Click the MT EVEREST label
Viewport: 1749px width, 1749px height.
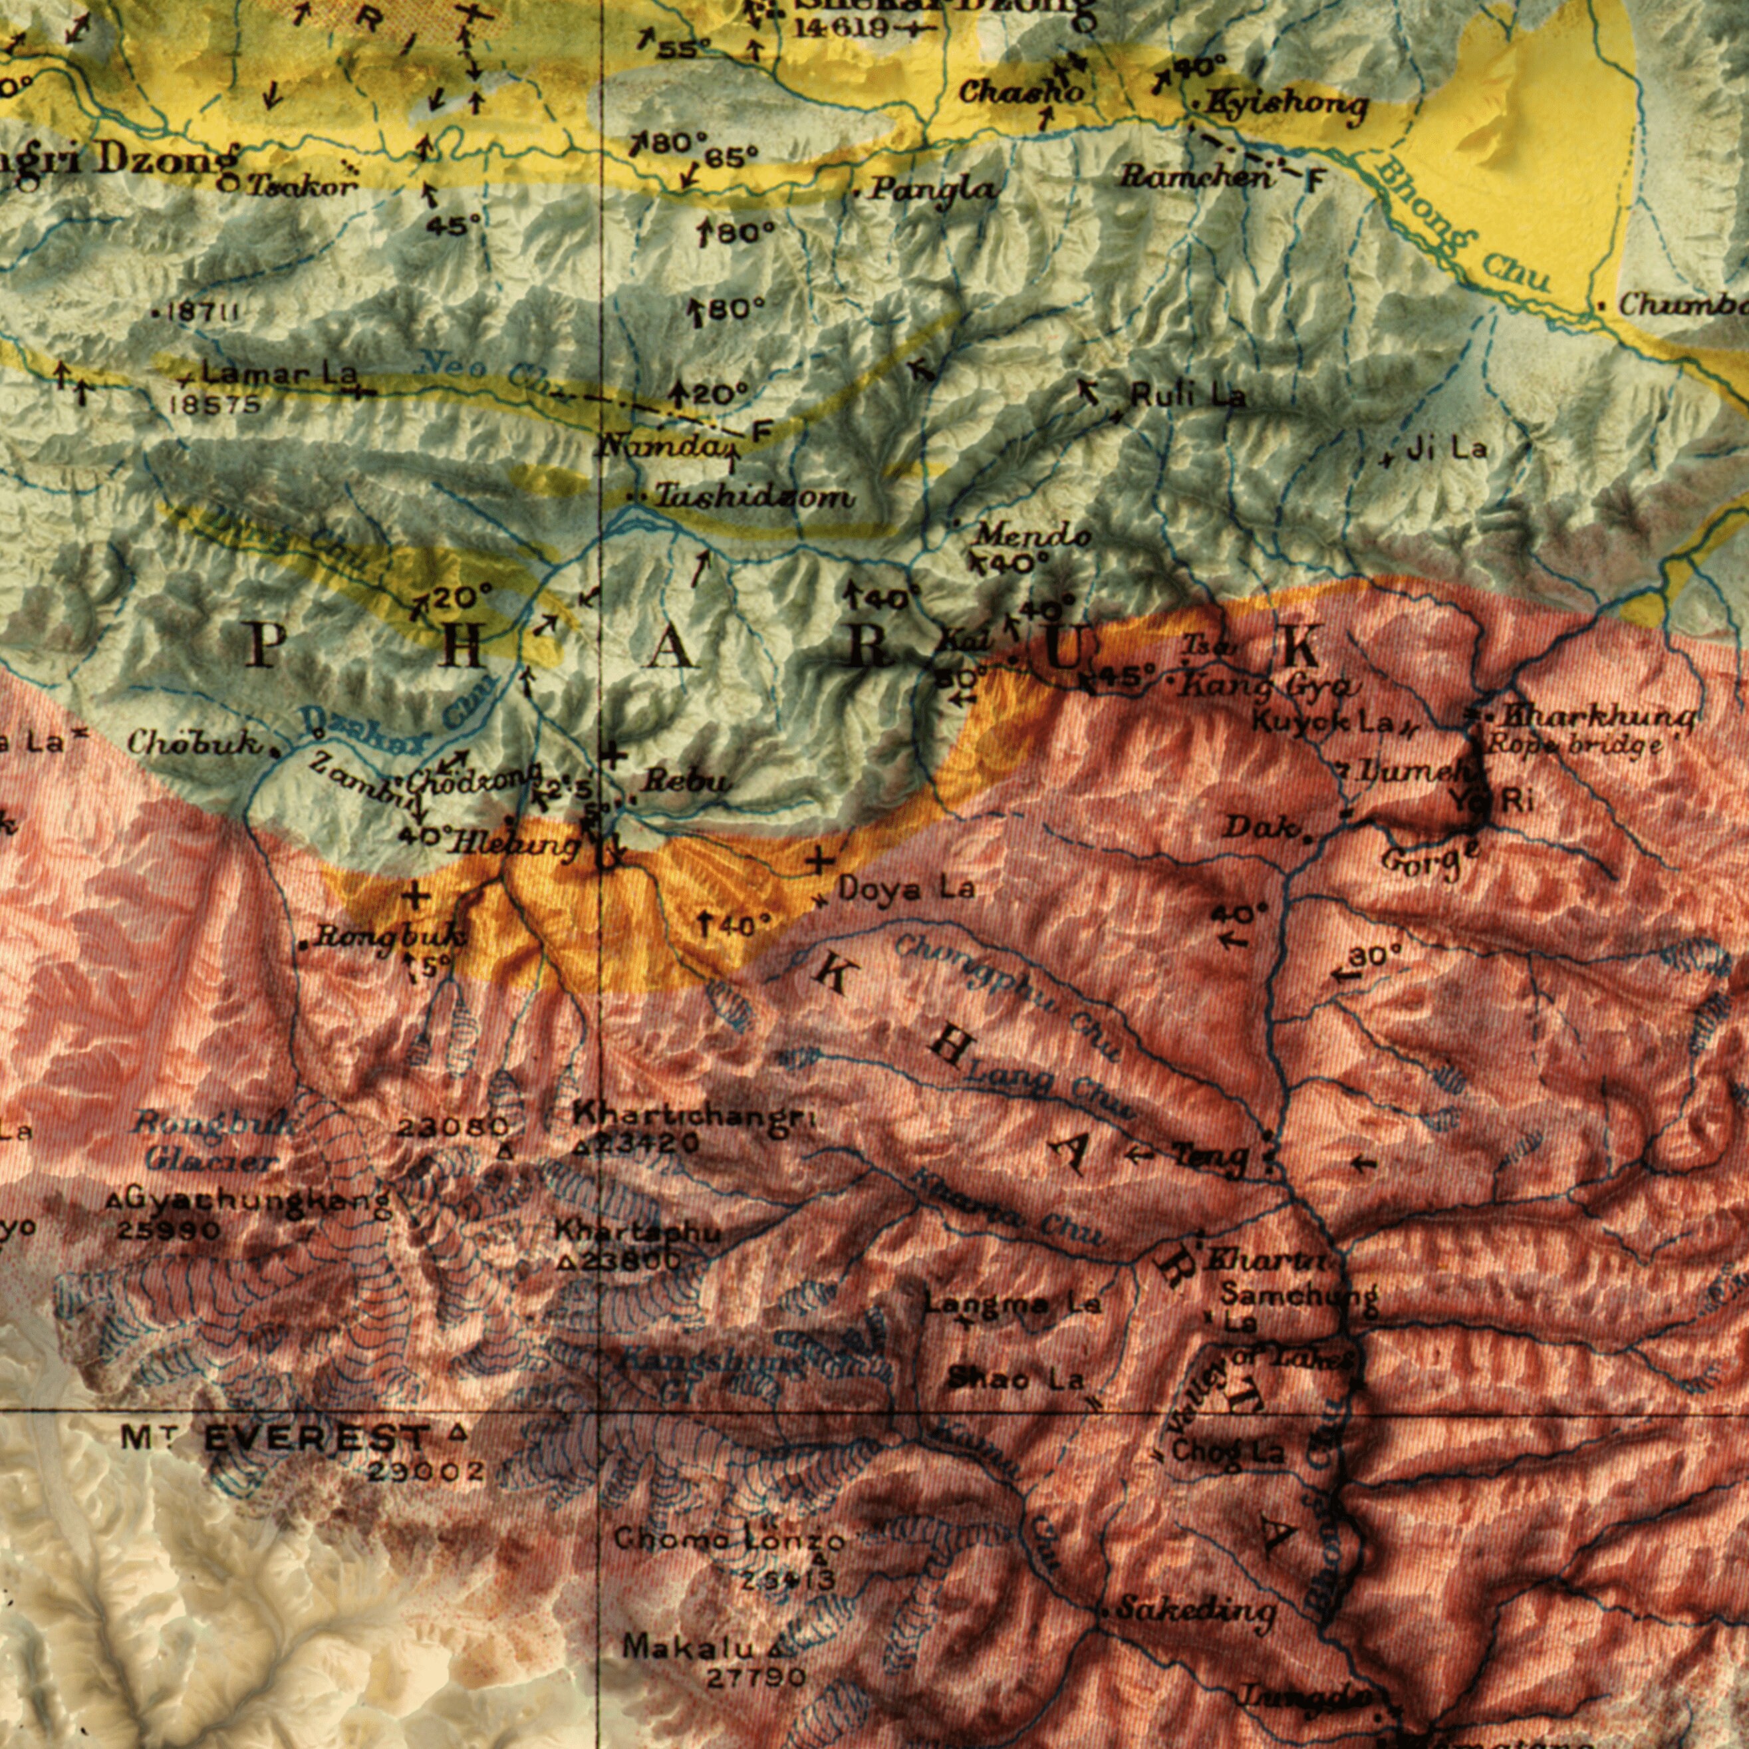click(275, 1438)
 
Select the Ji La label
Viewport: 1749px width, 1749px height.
click(1446, 448)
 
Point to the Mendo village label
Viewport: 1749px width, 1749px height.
click(1032, 536)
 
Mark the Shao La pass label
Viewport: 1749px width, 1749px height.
click(1015, 1381)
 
